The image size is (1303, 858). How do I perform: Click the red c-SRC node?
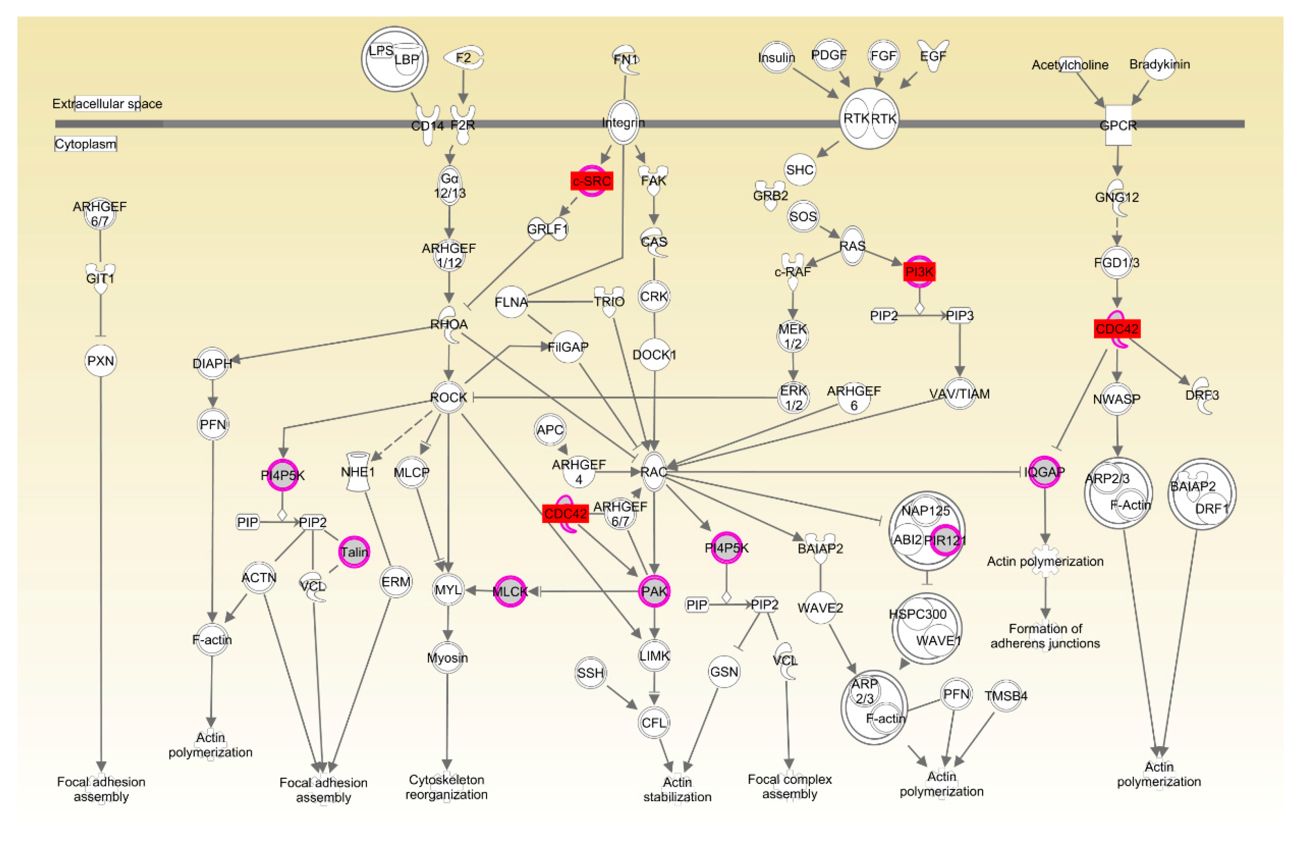pos(591,181)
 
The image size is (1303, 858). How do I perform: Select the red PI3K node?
pos(919,272)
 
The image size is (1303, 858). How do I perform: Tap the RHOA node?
pos(449,325)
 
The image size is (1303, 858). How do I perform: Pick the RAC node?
pos(654,472)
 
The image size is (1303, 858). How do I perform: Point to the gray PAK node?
pos(654,591)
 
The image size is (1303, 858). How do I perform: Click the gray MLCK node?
pos(510,591)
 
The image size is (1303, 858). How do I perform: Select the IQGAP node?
pos(1044,472)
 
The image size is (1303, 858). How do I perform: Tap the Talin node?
pos(354,552)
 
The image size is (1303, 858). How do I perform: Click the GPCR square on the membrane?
pos(1118,125)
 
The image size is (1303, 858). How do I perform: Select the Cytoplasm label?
pos(85,144)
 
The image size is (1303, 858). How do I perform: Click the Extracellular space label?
pos(107,104)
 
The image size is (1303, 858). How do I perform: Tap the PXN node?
pos(101,361)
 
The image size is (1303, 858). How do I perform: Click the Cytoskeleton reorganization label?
pos(446,787)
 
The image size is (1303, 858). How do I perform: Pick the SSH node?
pos(590,672)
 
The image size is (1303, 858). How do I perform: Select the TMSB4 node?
pos(1006,696)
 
